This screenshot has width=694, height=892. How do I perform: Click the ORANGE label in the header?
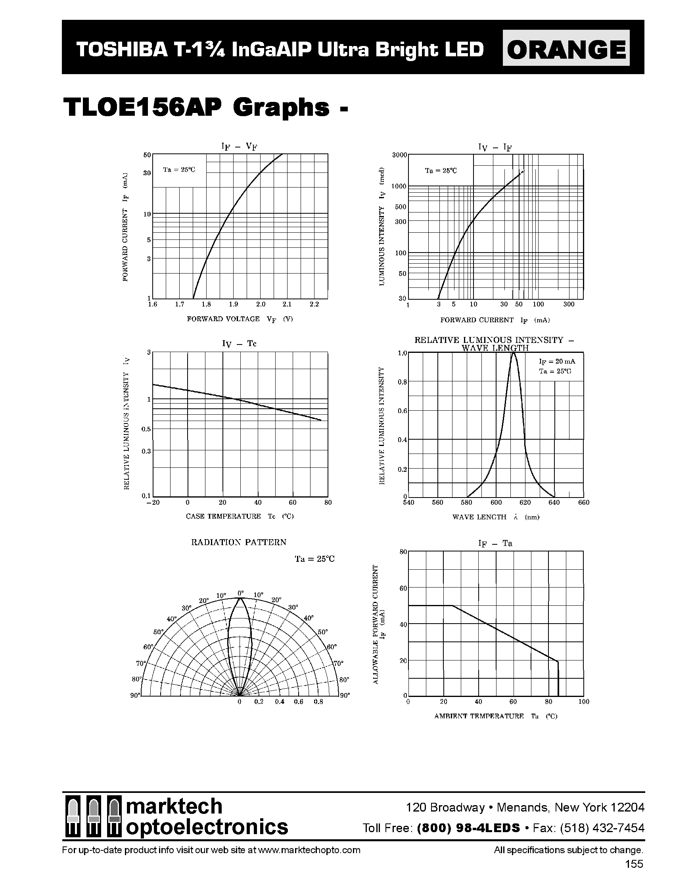566,50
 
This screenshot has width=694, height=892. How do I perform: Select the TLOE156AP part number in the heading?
142,108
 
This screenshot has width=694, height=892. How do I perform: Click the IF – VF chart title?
240,147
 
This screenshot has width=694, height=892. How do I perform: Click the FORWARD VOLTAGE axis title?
223,319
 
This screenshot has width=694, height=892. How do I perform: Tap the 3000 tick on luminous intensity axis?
399,155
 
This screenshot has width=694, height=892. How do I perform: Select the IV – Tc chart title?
239,343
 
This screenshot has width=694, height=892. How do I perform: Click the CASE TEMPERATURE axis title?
223,516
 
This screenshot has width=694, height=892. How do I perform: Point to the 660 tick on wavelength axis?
584,502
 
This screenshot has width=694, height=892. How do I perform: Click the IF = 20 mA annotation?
557,362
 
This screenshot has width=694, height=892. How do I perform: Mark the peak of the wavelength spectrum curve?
513,354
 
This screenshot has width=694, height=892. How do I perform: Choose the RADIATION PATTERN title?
239,542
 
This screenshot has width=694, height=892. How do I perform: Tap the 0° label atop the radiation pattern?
240,593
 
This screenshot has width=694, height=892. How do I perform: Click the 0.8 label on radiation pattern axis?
318,702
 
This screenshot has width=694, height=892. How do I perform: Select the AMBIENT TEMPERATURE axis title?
479,716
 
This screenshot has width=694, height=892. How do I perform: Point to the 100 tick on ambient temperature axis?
584,702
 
